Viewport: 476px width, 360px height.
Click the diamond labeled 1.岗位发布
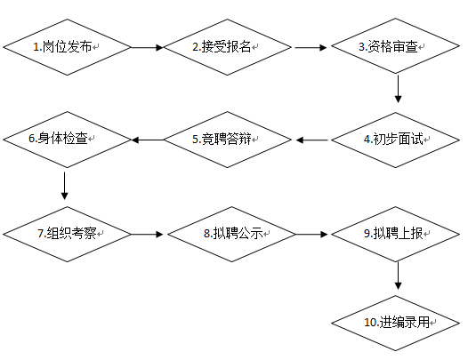[67, 47]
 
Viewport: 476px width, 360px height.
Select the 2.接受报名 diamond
[228, 47]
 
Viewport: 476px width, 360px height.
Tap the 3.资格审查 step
[395, 46]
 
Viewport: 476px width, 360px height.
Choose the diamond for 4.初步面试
[395, 140]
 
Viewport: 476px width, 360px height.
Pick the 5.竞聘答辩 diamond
[228, 140]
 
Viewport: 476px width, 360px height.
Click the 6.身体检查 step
[67, 140]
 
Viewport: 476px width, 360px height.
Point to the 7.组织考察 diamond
[67, 234]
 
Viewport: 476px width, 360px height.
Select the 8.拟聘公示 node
[231, 234]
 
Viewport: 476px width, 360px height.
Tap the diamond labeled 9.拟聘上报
[395, 234]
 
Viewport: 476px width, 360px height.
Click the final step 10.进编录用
[395, 324]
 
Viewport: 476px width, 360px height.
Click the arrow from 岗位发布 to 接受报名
[147, 47]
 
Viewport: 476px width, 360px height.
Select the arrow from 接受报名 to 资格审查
[311, 47]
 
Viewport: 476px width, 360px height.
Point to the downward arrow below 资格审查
[398, 89]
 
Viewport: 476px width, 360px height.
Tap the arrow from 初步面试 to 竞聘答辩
[311, 140]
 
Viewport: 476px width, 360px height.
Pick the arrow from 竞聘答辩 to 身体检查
[147, 140]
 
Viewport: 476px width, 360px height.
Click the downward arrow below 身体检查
[64, 186]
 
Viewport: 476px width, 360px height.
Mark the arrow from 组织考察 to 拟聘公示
[147, 234]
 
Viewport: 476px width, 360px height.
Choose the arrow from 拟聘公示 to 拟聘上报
[311, 234]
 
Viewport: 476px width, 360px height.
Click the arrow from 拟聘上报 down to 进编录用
[398, 276]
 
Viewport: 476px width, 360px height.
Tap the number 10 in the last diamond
[370, 322]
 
